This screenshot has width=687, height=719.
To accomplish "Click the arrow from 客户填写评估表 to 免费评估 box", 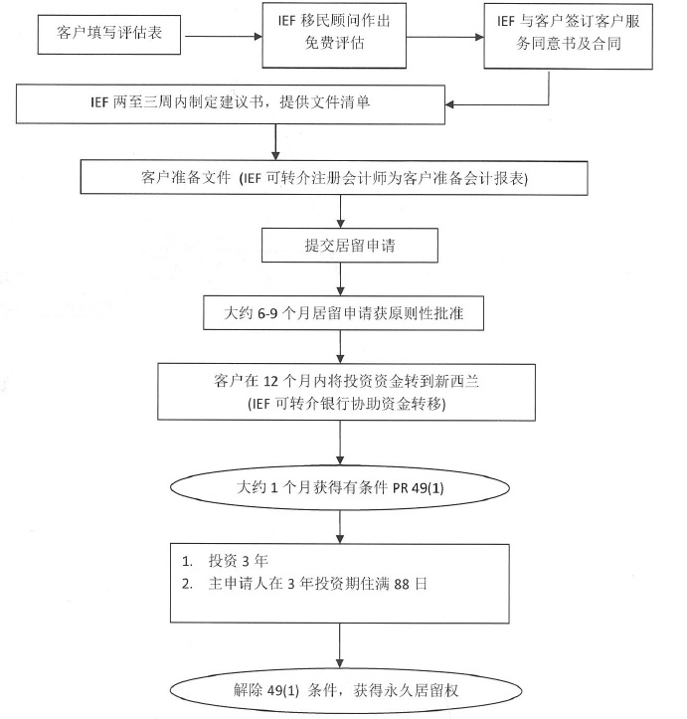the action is click(223, 36).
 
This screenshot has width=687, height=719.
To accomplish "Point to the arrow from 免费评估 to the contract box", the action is click(445, 37).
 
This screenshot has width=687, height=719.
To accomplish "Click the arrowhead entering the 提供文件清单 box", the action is click(449, 104).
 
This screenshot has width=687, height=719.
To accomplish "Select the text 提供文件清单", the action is click(325, 101).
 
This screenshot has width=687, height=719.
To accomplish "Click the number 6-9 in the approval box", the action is click(267, 313).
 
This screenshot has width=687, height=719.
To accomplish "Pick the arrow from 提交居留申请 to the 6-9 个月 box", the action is click(340, 279).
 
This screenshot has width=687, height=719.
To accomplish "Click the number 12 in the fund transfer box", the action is click(270, 381).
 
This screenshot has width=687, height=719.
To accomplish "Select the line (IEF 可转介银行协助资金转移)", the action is click(347, 404).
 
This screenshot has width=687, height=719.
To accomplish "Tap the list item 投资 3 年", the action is click(239, 560).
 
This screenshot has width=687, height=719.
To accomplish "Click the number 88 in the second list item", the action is click(402, 584).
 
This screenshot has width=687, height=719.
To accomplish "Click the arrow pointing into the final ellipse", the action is click(340, 645).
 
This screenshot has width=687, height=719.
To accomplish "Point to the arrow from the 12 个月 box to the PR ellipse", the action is click(340, 443).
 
